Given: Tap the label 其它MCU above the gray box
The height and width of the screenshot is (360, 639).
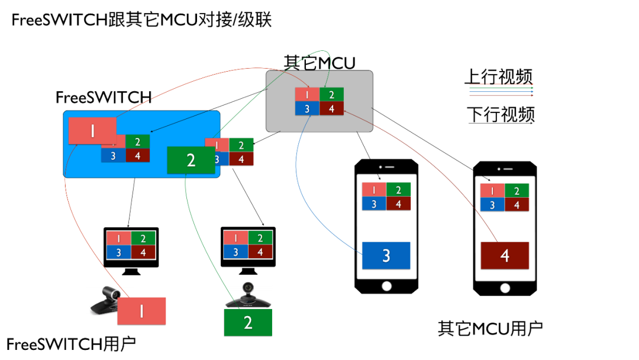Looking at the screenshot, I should [319, 62].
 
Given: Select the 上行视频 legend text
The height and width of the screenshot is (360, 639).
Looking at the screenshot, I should [498, 76].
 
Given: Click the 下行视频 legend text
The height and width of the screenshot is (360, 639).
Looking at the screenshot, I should [501, 114].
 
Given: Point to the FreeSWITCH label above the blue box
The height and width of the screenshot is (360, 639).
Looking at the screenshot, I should [104, 97].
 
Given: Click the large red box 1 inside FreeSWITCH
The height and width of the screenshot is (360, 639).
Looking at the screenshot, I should [92, 131].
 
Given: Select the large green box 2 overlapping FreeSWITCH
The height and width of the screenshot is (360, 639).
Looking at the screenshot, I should [191, 160].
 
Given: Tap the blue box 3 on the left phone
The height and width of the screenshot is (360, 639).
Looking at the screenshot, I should [386, 256].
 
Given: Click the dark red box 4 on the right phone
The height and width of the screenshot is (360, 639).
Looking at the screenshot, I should [504, 256].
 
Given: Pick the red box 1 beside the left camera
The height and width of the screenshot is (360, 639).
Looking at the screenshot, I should [141, 311].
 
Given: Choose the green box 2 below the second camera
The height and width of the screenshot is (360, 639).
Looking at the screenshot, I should [248, 322].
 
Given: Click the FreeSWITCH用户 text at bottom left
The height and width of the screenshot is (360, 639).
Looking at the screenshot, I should [71, 343].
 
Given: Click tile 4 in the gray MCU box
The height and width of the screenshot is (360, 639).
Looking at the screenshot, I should [331, 108].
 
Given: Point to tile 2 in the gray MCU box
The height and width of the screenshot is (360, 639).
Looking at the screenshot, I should [331, 95].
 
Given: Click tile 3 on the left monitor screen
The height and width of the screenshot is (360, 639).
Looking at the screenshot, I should [118, 252].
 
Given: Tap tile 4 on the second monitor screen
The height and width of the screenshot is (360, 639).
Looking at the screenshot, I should [261, 252].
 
